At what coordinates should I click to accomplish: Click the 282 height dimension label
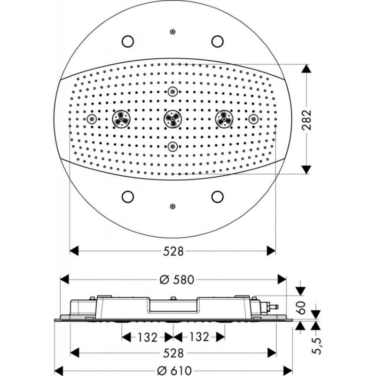click(x=307, y=120)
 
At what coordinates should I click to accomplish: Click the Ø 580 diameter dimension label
click(x=177, y=280)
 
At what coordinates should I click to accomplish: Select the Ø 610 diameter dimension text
click(x=174, y=371)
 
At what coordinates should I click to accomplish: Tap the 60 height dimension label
click(x=301, y=308)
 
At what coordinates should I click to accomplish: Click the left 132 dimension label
click(x=148, y=337)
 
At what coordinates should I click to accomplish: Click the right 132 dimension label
click(x=199, y=337)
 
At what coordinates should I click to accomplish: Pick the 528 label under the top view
click(x=173, y=251)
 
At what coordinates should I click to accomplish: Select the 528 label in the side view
click(x=173, y=353)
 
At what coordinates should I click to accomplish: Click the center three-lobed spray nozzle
click(x=172, y=119)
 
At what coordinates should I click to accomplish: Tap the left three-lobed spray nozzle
click(x=121, y=119)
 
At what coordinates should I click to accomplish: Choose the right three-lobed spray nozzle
click(x=224, y=119)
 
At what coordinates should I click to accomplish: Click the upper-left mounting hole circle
click(x=127, y=41)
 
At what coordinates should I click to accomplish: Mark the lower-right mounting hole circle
click(x=218, y=196)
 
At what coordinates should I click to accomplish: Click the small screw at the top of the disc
click(x=172, y=31)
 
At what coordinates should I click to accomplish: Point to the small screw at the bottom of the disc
click(x=172, y=206)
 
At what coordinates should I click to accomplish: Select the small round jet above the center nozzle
click(x=172, y=91)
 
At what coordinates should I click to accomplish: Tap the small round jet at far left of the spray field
click(x=91, y=119)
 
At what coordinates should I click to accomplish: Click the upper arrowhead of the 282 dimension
click(x=306, y=68)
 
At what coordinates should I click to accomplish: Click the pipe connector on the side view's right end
click(x=271, y=307)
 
